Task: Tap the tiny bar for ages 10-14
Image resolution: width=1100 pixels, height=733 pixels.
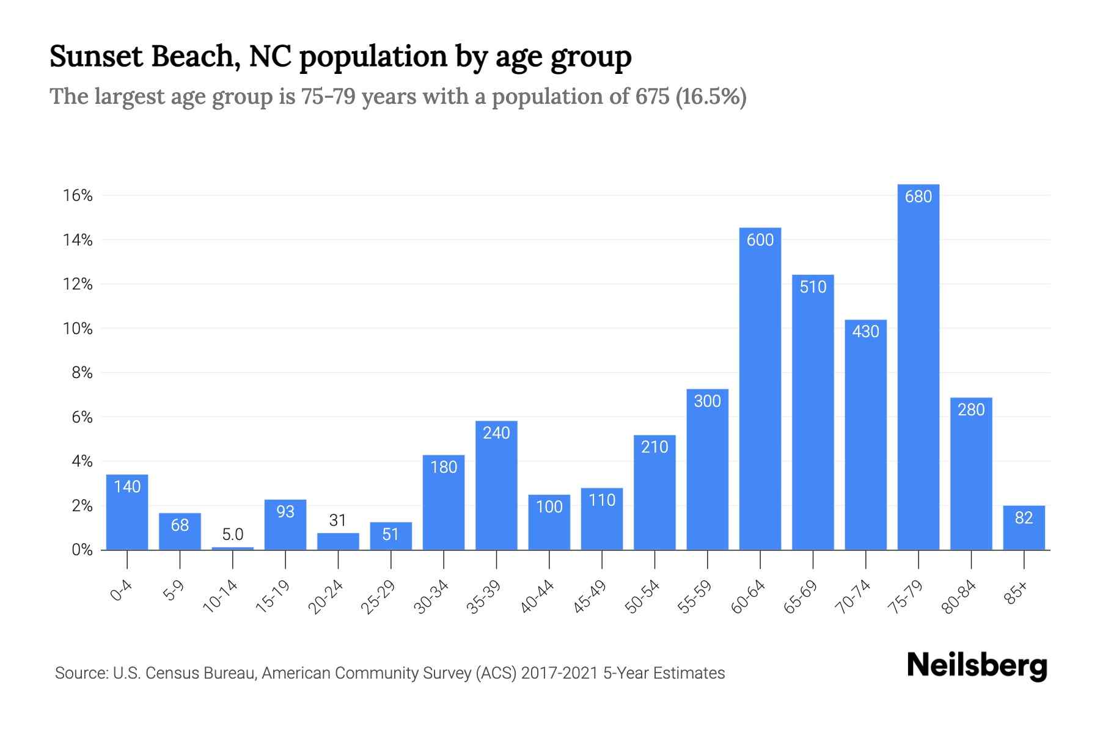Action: coord(233,548)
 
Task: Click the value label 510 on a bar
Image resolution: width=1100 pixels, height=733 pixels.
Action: coord(813,287)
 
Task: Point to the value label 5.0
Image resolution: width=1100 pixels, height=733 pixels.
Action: coord(233,534)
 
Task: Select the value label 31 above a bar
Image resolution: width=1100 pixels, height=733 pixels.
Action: coord(338,520)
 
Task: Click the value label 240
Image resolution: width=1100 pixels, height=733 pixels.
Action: coord(496,433)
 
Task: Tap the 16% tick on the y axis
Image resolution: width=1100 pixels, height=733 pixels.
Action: coord(78,195)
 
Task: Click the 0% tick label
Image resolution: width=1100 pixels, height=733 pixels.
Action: coord(82,550)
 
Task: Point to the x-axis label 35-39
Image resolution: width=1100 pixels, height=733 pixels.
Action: coord(484,597)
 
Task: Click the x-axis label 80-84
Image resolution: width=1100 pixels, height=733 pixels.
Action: coord(959,597)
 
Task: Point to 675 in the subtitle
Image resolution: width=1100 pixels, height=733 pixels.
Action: coord(652,97)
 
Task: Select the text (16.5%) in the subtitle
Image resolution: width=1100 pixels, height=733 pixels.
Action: coord(711,97)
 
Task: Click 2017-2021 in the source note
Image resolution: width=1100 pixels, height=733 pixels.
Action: coord(559,673)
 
